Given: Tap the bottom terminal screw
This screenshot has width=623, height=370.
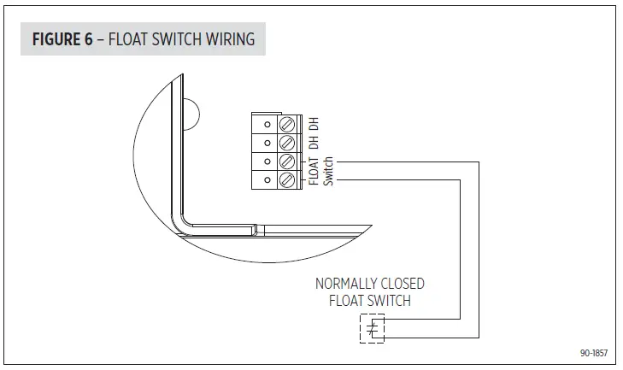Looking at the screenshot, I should tap(288, 180).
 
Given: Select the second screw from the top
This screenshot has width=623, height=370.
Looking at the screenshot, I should tap(288, 141).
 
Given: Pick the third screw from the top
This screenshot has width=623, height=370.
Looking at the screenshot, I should tap(288, 161).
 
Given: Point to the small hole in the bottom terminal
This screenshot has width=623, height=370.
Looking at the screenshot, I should tap(267, 180).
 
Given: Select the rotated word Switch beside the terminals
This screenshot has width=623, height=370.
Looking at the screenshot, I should tap(327, 172).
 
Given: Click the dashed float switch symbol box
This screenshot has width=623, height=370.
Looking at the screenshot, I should tap(371, 328).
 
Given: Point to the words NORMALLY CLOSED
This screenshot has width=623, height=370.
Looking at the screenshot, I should tap(370, 284).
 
